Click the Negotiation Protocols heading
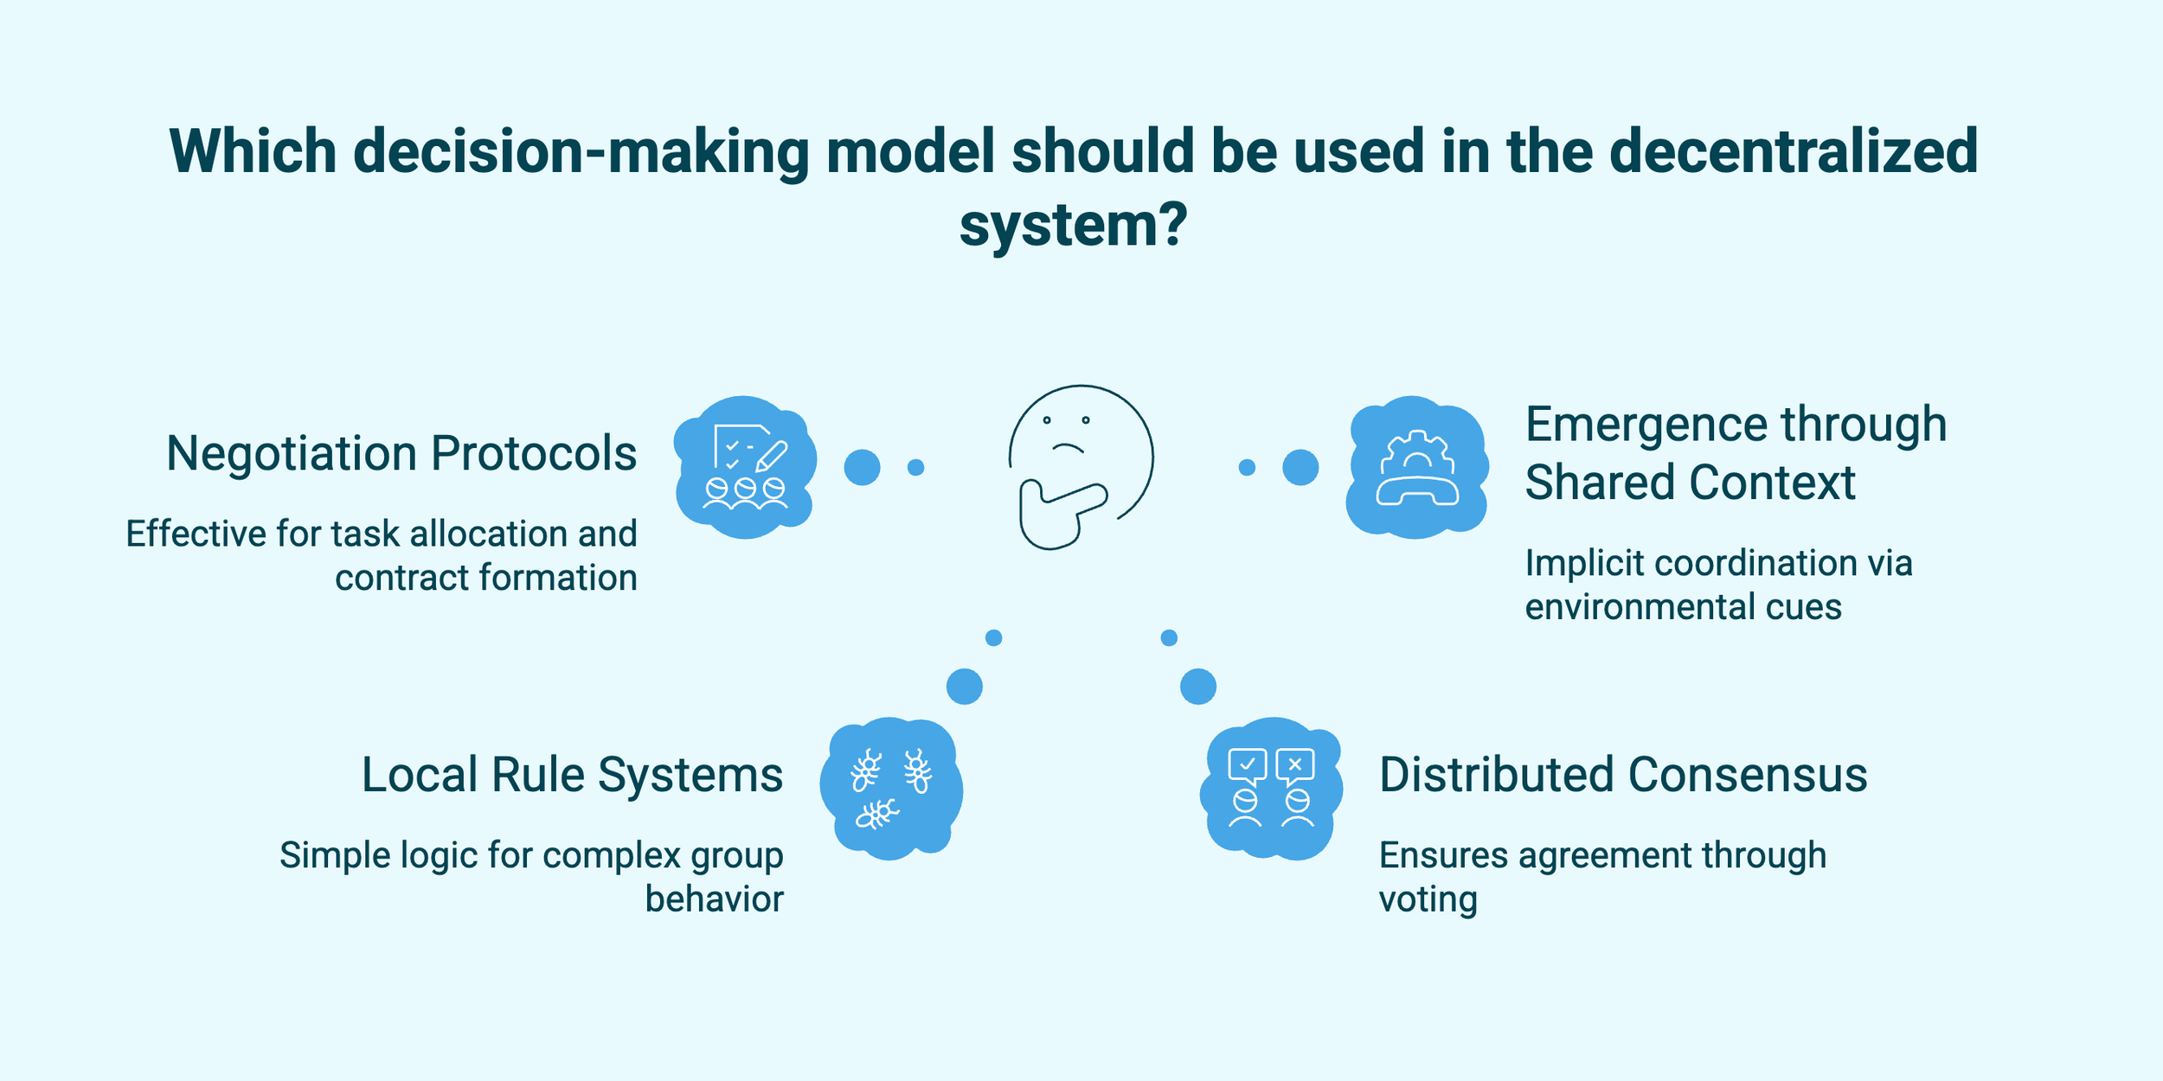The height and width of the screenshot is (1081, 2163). pyautogui.click(x=401, y=454)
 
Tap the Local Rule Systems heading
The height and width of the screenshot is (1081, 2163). pyautogui.click(x=572, y=775)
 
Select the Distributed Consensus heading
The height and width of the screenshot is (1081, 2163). pyautogui.click(x=1623, y=775)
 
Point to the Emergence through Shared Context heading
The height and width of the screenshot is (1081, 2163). pyautogui.click(x=1735, y=453)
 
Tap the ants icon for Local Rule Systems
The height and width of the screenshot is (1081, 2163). pyautogui.click(x=891, y=788)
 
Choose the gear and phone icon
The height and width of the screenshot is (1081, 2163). pyautogui.click(x=1417, y=467)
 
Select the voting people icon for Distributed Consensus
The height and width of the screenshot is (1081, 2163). pyautogui.click(x=1271, y=788)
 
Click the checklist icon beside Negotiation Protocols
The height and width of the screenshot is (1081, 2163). pyautogui.click(x=745, y=467)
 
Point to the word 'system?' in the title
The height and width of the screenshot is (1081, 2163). pyautogui.click(x=1074, y=226)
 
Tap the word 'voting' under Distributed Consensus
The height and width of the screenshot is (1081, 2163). pyautogui.click(x=1428, y=900)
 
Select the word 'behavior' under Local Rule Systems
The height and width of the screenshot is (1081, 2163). pyautogui.click(x=714, y=900)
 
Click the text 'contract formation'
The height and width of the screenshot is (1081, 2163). pyautogui.click(x=486, y=579)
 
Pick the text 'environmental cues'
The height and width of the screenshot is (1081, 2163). pyautogui.click(x=1683, y=607)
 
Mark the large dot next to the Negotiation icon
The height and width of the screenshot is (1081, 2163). pyautogui.click(x=862, y=468)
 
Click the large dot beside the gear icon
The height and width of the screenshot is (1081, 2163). pyautogui.click(x=1300, y=468)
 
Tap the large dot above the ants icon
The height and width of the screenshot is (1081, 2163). pyautogui.click(x=965, y=687)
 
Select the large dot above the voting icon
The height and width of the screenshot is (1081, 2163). pyautogui.click(x=1198, y=687)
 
